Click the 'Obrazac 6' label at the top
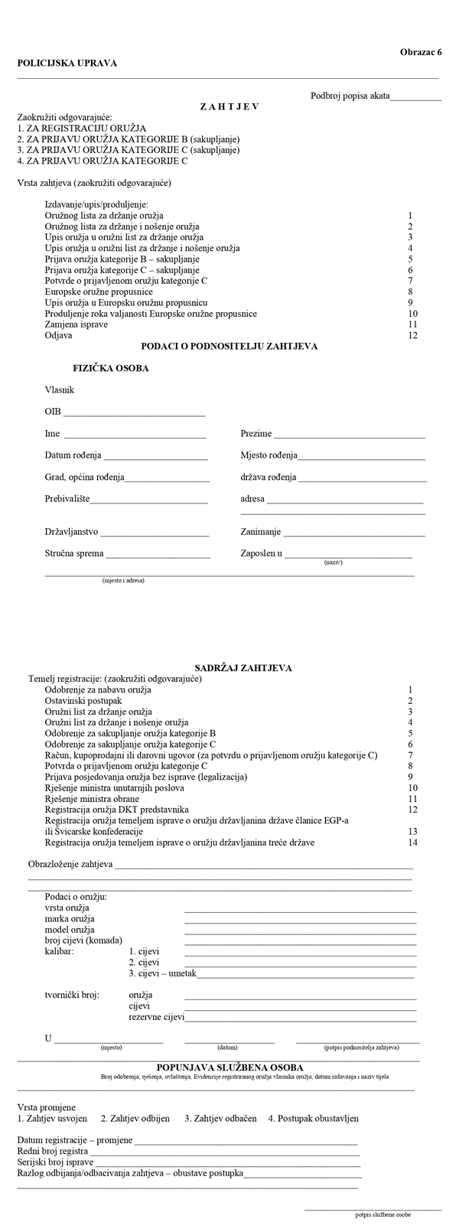[x=421, y=52]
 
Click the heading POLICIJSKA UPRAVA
[x=67, y=64]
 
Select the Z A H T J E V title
[x=229, y=106]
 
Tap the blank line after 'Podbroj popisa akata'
[x=416, y=98]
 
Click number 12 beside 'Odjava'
[x=412, y=335]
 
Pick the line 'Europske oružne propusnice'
[x=99, y=292]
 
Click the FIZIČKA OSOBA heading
[x=111, y=368]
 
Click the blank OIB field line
[x=135, y=413]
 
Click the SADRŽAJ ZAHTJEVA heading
[x=238, y=668]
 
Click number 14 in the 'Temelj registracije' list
[x=412, y=843]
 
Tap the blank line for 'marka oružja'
[x=300, y=921]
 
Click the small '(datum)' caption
[x=227, y=1047]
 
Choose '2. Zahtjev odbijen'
[x=135, y=1118]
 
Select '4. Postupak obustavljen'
[x=313, y=1118]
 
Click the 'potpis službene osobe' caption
[x=382, y=1214]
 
